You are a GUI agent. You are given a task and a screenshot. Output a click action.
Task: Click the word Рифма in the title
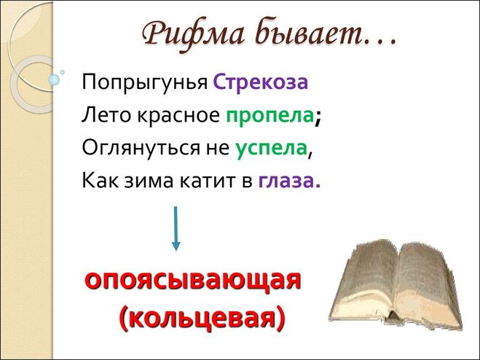point(194,36)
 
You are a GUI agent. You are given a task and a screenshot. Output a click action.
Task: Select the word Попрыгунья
point(144,83)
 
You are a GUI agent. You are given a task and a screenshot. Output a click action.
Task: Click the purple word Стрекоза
point(260,82)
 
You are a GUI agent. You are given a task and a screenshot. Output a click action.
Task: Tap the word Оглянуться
point(140,149)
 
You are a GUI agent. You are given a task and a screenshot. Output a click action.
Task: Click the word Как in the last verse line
point(100,180)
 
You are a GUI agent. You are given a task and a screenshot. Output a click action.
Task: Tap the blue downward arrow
point(176,228)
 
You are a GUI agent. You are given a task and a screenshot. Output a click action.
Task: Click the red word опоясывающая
point(192,281)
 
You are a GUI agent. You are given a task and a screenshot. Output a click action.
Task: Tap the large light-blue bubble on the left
point(54,79)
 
